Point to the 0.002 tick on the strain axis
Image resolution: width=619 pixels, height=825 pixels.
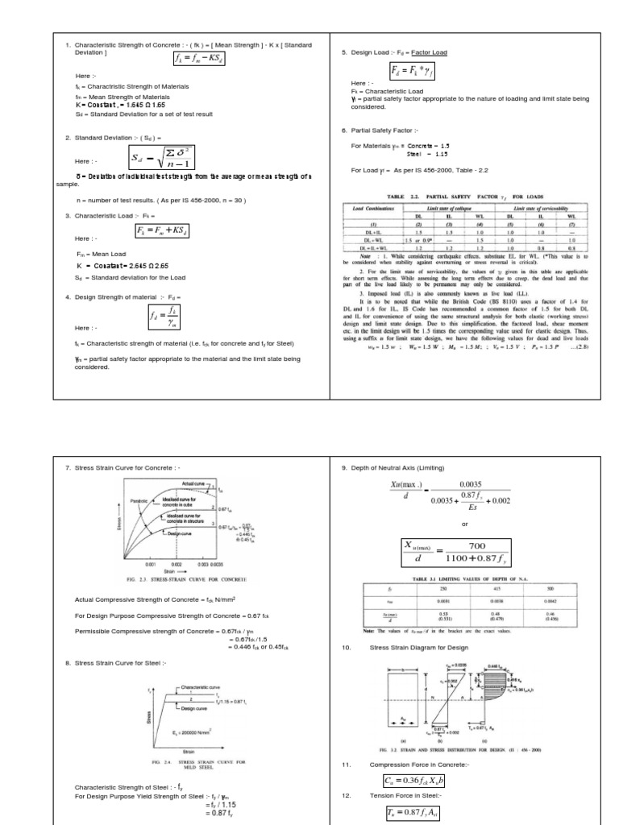(176, 565)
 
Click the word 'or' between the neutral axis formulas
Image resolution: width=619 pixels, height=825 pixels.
(464, 524)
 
